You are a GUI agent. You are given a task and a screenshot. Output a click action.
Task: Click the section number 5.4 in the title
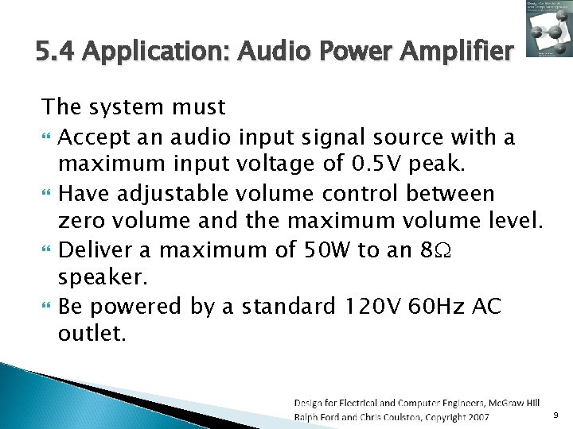[x=57, y=53]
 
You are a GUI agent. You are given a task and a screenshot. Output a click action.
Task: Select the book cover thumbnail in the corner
[x=547, y=31]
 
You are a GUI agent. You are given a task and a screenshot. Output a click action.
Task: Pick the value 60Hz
[x=437, y=306]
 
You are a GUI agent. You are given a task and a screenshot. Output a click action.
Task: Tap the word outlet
[x=91, y=334]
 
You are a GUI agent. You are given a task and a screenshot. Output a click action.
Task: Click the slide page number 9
[x=555, y=415]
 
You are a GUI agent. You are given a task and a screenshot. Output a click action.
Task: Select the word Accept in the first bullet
[x=88, y=138]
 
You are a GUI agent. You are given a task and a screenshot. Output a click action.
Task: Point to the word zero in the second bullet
[x=83, y=222]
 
